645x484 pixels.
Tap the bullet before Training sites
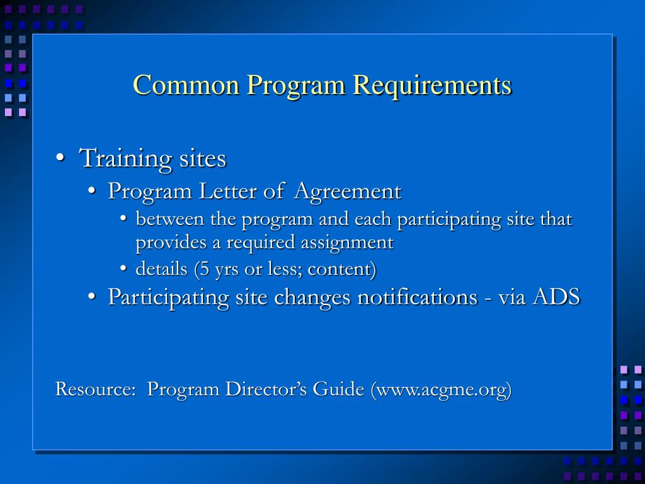[x=59, y=159]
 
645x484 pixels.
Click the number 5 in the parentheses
[x=202, y=269]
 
